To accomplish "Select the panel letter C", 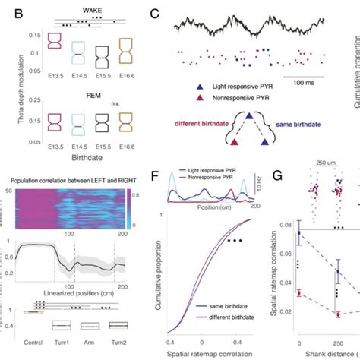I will point(155,14).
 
